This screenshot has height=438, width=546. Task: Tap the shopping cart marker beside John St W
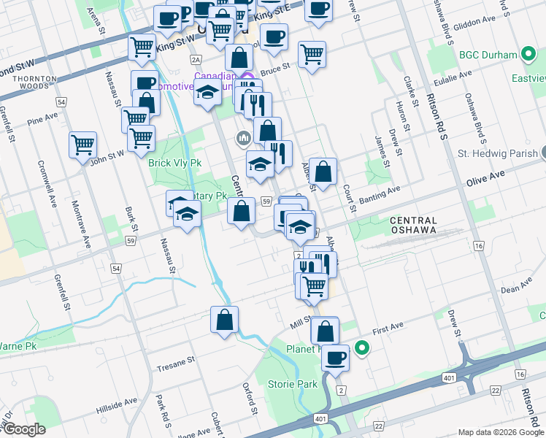(x=83, y=143)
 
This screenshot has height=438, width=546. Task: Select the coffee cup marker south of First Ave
(x=336, y=358)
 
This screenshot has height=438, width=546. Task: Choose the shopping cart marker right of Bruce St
(x=312, y=53)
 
